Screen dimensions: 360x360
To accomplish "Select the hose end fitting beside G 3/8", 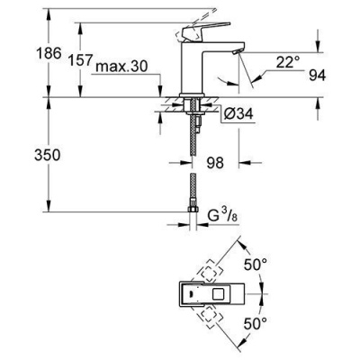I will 192,216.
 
